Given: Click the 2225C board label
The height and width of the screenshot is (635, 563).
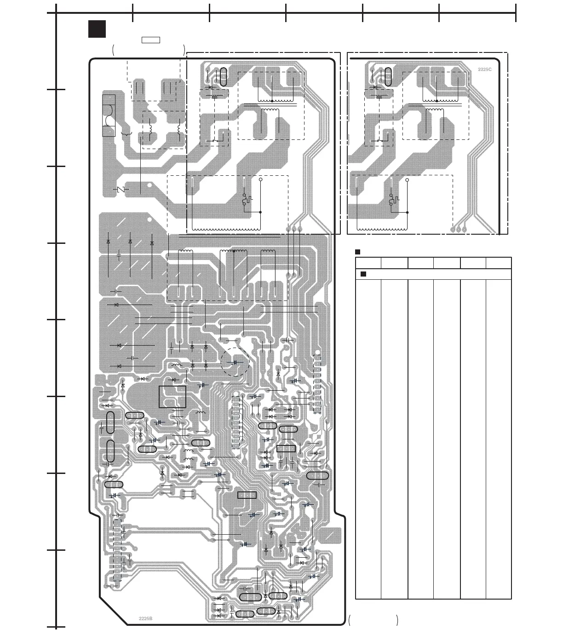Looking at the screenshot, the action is click(x=484, y=69).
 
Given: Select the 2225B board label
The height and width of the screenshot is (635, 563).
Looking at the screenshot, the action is click(x=145, y=618).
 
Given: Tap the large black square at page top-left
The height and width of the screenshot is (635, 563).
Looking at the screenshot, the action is click(x=97, y=29).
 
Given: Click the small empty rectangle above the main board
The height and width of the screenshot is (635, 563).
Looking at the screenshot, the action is click(x=150, y=40).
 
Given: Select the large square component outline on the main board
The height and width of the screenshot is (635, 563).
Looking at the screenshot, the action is click(x=172, y=397).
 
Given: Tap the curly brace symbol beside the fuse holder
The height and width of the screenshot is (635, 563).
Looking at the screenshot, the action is click(x=126, y=133).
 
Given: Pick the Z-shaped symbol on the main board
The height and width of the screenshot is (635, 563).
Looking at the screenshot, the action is click(x=121, y=190).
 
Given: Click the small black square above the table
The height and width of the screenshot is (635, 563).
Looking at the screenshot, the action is click(x=357, y=252).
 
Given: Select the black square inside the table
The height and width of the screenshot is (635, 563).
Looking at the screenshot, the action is click(x=363, y=274).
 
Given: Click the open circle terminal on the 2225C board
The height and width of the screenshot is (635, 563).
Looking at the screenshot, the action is click(x=407, y=180).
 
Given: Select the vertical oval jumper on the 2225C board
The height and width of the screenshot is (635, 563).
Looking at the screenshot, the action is click(x=388, y=76).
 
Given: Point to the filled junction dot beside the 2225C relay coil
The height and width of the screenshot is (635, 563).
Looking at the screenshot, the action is click(x=407, y=212).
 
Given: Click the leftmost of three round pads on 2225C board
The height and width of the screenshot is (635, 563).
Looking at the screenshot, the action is click(x=453, y=229).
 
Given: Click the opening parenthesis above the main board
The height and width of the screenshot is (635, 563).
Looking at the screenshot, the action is click(x=113, y=50).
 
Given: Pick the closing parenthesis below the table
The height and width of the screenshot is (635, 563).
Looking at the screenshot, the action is click(x=396, y=620).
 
